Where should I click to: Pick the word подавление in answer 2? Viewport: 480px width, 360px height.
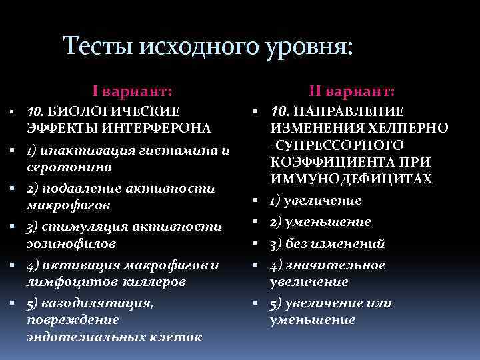83,189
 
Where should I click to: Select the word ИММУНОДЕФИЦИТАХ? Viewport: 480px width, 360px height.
351,179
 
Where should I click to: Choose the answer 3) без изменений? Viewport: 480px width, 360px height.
327,244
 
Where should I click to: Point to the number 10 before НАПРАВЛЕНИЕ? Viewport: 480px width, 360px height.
279,111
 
